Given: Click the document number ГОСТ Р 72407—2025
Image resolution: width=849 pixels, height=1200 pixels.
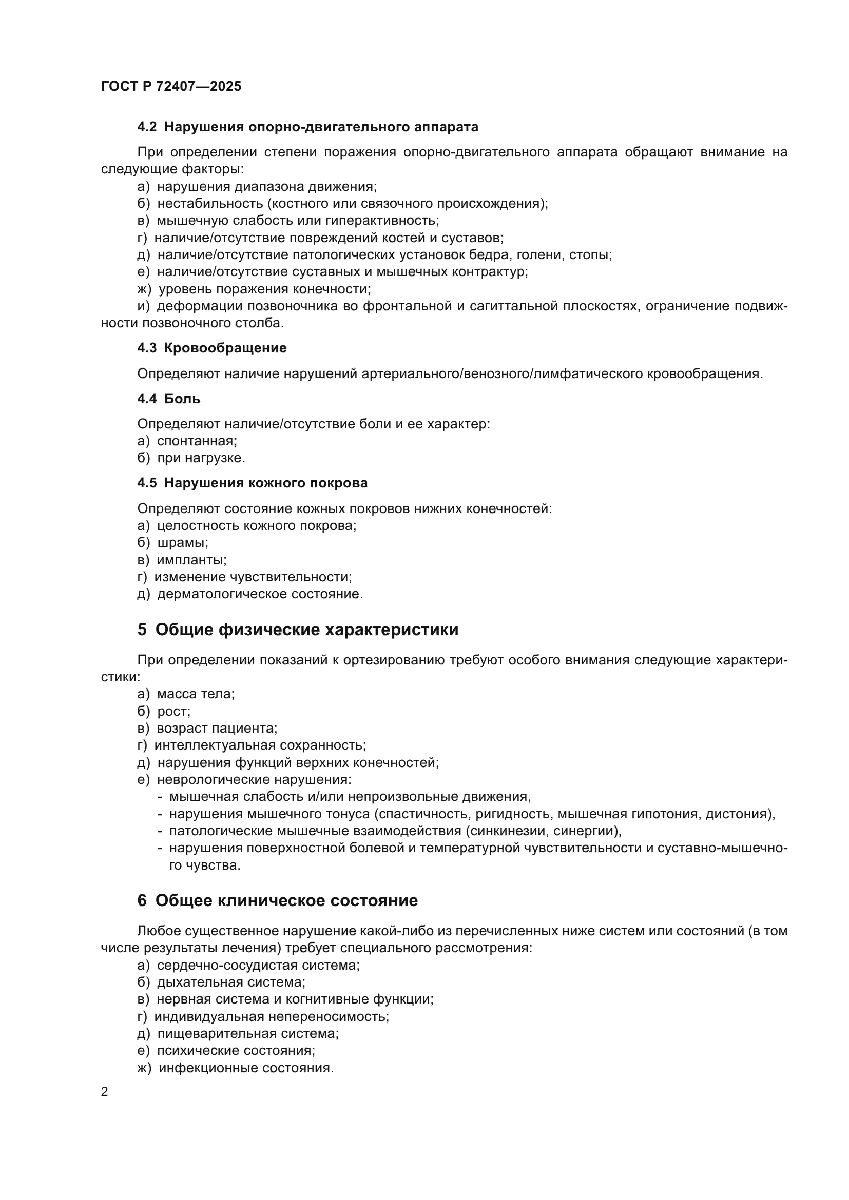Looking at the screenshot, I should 171,86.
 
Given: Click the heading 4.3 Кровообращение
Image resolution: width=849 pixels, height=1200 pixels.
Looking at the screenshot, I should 211,348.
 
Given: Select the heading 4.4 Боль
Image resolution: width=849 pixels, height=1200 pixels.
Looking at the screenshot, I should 168,399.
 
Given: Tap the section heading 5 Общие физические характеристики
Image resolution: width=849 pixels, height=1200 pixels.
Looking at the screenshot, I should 298,629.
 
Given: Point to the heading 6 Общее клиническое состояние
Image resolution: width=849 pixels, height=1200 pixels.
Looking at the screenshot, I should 278,900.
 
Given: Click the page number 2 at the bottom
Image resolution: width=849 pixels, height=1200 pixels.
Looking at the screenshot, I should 105,1091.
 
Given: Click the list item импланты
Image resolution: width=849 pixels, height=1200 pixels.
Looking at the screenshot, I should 191,560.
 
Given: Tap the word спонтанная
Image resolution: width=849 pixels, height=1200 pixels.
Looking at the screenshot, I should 197,441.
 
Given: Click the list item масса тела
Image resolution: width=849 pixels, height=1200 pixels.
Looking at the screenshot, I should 196,694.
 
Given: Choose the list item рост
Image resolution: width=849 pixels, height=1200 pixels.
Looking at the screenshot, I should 173,711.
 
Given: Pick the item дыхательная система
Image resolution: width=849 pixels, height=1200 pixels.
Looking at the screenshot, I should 231,982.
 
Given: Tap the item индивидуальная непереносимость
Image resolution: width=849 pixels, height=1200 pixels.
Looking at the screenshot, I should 272,1016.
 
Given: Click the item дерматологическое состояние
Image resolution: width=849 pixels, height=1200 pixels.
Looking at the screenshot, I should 260,594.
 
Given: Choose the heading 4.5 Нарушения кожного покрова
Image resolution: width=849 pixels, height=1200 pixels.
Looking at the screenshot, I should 252,483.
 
